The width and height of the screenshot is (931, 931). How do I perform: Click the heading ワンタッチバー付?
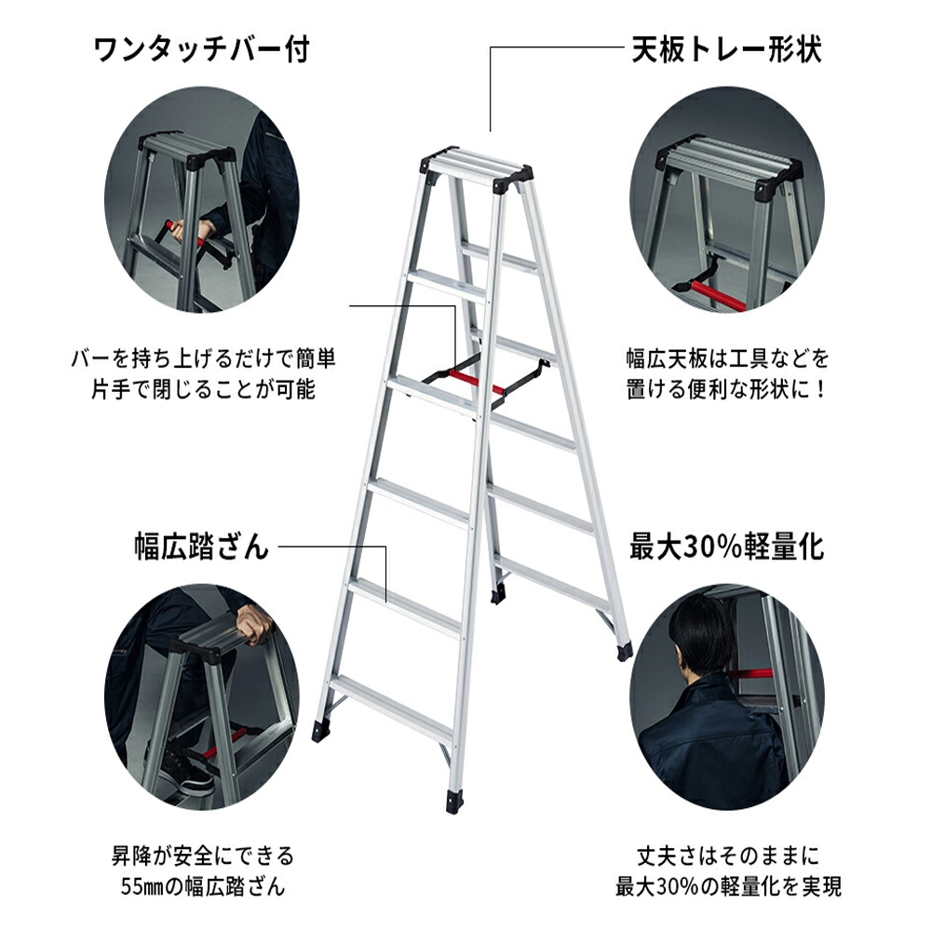point(202,49)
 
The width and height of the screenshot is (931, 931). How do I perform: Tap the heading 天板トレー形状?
point(727,48)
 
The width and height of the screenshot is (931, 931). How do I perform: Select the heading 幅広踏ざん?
point(201,546)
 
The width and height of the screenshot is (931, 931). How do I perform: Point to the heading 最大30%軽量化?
point(727,546)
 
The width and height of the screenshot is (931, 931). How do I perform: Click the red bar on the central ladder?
point(477,382)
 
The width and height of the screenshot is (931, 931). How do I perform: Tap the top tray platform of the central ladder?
point(476,168)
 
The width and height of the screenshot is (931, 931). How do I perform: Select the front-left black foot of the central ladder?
point(322,731)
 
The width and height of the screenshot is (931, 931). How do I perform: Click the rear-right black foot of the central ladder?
point(625,652)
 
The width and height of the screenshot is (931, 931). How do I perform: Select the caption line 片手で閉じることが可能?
point(202,389)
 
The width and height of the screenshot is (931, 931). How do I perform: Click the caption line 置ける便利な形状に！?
point(727,389)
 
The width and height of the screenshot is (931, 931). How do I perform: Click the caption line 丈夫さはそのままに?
point(728,856)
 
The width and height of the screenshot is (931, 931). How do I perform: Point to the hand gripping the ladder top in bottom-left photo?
point(254,624)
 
